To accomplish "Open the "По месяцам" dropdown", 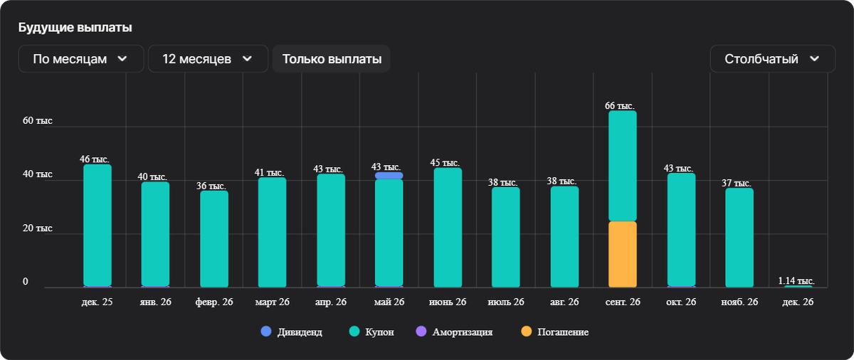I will click(x=81, y=59).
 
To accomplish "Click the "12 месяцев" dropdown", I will click(x=208, y=59).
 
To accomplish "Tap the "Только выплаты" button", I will click(x=332, y=59).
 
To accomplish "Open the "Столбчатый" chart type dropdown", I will click(x=772, y=59).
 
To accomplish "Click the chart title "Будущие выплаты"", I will click(x=75, y=27).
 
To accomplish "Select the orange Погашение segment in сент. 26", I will click(x=623, y=254).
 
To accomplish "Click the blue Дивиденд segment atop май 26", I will click(x=389, y=176).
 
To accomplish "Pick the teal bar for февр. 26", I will click(x=214, y=238).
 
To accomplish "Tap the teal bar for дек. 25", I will click(x=97, y=224).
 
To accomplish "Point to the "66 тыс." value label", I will click(x=620, y=105).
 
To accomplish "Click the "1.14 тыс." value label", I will click(x=797, y=280).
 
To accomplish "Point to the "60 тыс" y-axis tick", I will click(x=38, y=121).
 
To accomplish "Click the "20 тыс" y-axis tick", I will click(x=38, y=228).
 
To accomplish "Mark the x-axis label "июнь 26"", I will click(x=448, y=302).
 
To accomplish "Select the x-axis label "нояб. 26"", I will click(x=739, y=302).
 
